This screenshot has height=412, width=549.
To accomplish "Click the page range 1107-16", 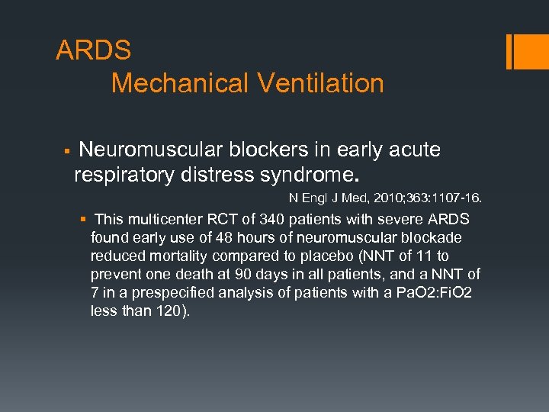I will pyautogui.click(x=455, y=198).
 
